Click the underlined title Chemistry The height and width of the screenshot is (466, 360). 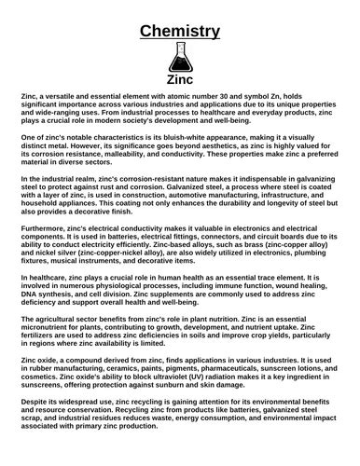coord(179,31)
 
